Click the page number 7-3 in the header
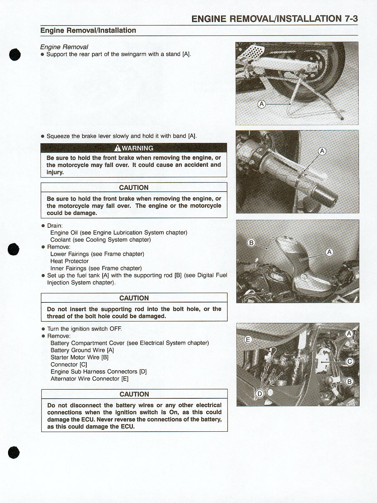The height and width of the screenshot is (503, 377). pyautogui.click(x=351, y=19)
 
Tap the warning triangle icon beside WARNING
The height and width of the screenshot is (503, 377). pyautogui.click(x=118, y=148)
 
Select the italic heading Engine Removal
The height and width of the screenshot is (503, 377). pyautogui.click(x=64, y=47)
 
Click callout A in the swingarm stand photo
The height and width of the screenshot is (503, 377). pyautogui.click(x=262, y=104)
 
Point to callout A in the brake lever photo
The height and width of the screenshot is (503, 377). pyautogui.click(x=322, y=152)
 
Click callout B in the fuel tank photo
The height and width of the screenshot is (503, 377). pyautogui.click(x=251, y=243)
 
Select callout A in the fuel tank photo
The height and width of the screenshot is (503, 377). pyautogui.click(x=329, y=252)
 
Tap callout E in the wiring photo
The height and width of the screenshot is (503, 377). pyautogui.click(x=248, y=339)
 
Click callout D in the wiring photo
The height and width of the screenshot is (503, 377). pyautogui.click(x=259, y=394)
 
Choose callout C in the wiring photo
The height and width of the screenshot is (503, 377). pyautogui.click(x=350, y=362)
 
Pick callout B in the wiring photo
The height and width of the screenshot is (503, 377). pyautogui.click(x=350, y=382)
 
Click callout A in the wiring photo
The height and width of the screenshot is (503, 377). pyautogui.click(x=349, y=334)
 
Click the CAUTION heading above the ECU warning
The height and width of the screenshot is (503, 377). pyautogui.click(x=134, y=394)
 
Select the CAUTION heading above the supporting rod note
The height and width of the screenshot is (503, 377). pyautogui.click(x=134, y=298)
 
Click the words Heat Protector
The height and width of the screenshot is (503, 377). pyautogui.click(x=69, y=261)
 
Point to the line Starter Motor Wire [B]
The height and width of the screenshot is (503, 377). pyautogui.click(x=79, y=357)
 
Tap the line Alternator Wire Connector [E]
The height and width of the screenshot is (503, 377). pyautogui.click(x=89, y=379)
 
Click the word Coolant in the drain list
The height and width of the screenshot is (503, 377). pyautogui.click(x=60, y=240)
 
